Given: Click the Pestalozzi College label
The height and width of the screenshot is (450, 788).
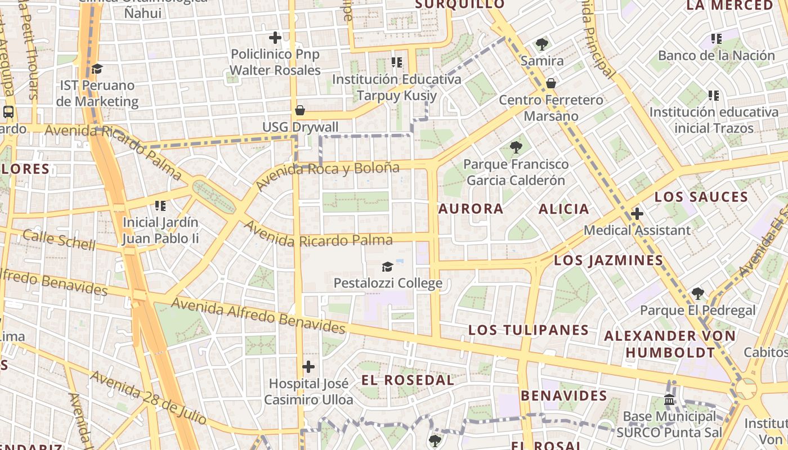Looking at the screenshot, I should (388, 282).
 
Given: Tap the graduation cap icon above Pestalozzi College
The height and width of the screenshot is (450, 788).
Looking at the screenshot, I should (387, 266).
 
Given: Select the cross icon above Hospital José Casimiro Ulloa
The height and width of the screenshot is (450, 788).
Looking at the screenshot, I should (308, 367).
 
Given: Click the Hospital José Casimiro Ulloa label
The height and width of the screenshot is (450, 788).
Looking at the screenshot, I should (308, 391).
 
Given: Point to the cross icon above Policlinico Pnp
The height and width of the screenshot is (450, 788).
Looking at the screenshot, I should (275, 38).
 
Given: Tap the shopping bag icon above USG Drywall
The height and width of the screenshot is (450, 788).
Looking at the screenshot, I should (300, 110).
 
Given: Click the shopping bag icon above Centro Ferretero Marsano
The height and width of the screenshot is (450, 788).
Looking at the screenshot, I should (551, 83).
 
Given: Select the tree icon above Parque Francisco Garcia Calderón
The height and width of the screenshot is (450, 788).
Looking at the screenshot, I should (516, 147).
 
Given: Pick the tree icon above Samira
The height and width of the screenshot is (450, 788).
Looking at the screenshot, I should (542, 44).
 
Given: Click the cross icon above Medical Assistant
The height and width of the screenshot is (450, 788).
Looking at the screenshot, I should (637, 214).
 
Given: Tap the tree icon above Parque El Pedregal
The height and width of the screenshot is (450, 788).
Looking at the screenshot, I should (698, 293).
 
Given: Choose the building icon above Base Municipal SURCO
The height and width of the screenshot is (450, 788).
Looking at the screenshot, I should (669, 400).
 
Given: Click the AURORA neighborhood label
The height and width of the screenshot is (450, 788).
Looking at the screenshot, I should (471, 209).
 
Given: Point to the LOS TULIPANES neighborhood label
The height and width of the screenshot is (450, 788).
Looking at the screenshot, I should (529, 330).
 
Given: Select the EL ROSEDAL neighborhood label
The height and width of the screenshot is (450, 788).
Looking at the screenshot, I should (408, 380).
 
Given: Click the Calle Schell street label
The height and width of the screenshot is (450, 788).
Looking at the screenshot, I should (59, 240).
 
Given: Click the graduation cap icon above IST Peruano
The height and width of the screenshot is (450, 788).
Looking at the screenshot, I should (97, 69).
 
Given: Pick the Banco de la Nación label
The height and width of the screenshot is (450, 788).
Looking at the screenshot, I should (717, 55).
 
